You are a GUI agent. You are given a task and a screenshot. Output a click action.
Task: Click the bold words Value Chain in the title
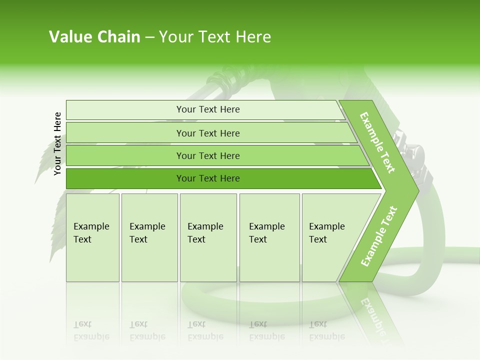[94, 37]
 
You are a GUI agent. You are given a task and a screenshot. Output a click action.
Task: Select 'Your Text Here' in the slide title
[215, 37]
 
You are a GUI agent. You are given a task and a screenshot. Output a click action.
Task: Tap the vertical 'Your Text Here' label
[57, 143]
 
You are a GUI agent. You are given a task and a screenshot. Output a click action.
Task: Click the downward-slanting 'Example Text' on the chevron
[377, 142]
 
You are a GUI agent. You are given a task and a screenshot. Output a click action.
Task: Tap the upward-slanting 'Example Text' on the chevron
[379, 236]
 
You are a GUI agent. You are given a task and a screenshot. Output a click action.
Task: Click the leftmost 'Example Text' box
[92, 237]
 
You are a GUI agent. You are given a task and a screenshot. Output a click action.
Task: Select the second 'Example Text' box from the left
[149, 237]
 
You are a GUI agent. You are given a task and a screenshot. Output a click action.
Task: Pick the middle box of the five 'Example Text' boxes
[208, 237]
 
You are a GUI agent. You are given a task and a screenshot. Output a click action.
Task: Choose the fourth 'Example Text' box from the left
[269, 237]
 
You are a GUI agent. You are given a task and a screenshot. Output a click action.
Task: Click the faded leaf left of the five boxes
[57, 225]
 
